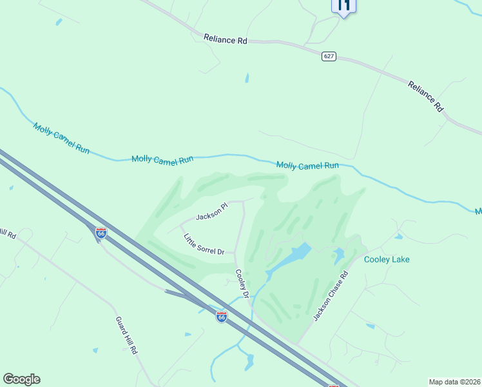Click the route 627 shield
pyautogui.click(x=329, y=57)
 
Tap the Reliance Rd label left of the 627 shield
pyautogui.click(x=226, y=39)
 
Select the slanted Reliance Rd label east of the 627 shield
pyautogui.click(x=426, y=96)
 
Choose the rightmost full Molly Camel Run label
pyautogui.click(x=307, y=166)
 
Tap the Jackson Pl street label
pyautogui.click(x=212, y=212)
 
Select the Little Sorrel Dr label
pyautogui.click(x=204, y=244)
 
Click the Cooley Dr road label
pyautogui.click(x=242, y=284)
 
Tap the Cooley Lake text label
pyautogui.click(x=387, y=259)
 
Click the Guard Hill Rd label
pyautogui.click(x=126, y=335)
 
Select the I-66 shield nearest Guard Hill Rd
pyautogui.click(x=101, y=232)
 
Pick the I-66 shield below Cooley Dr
pyautogui.click(x=221, y=317)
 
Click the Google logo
pyautogui.click(x=21, y=379)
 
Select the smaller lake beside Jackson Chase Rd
pyautogui.click(x=338, y=256)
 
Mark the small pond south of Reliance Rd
pyautogui.click(x=247, y=78)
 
